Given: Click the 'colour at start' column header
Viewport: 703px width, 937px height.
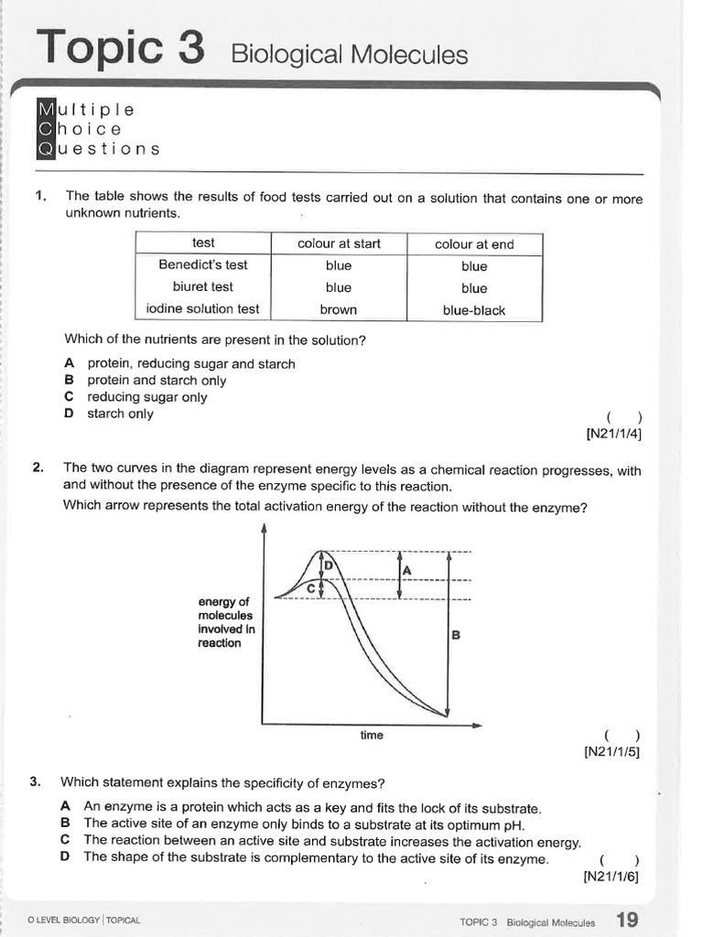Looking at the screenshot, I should coord(339,243).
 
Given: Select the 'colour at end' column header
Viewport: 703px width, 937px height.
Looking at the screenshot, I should coord(474,244).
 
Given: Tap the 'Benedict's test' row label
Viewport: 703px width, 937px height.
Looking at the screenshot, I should coord(203,265).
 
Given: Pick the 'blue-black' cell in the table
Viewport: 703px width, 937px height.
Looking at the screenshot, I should coord(474,310).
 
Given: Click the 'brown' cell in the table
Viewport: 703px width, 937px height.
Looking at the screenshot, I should coord(339,310).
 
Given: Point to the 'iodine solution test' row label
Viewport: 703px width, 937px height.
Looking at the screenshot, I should coord(203,309).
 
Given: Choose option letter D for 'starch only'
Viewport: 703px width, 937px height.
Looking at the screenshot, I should coord(69,414).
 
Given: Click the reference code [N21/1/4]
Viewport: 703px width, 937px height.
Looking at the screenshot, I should coord(612,434).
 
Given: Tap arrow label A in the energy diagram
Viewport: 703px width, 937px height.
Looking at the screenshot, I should coord(407,571).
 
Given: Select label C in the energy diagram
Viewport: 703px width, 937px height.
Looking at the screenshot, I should coord(311,589).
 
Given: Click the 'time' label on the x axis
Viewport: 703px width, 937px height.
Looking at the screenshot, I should coord(372,736).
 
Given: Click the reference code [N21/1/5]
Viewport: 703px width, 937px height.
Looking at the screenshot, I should coord(611,752).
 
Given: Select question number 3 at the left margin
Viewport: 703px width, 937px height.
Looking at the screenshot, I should coord(35,782).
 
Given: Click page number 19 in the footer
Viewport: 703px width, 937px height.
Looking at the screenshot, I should coord(628,920).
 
